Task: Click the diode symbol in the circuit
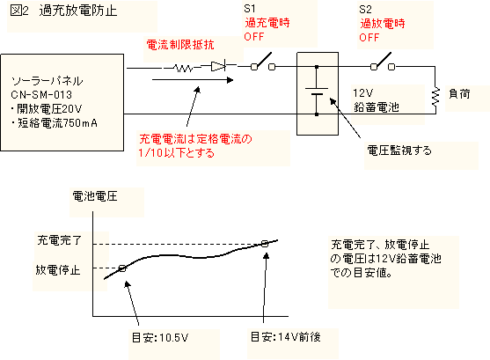[x=218, y=66]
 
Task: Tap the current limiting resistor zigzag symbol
[x=183, y=68]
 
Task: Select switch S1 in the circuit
[x=263, y=62]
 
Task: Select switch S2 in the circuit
[x=383, y=62]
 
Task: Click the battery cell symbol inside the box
[x=317, y=91]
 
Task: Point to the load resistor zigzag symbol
[x=435, y=97]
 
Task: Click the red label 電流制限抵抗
[x=180, y=45]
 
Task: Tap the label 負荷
[x=459, y=94]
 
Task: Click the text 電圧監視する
[x=399, y=151]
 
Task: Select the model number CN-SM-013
[x=41, y=94]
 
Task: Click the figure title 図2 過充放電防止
[x=63, y=11]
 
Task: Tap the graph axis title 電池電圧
[x=95, y=196]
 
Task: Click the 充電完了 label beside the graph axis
[x=59, y=240]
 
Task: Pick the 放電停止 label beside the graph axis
[x=58, y=269]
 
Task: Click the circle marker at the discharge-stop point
[x=122, y=268]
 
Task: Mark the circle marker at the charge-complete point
[x=265, y=244]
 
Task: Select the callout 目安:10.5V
[x=160, y=338]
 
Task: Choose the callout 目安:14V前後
[x=286, y=337]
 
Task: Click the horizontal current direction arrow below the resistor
[x=193, y=80]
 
